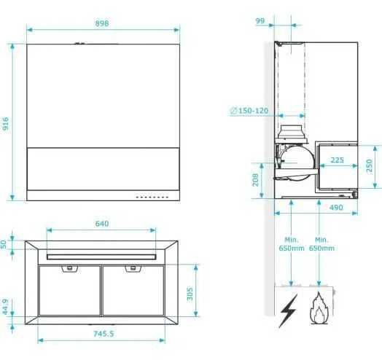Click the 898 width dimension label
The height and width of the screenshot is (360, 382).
pyautogui.click(x=102, y=23)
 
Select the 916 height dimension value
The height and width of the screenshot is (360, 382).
pyautogui.click(x=7, y=123)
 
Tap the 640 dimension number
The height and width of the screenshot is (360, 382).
pyautogui.click(x=102, y=223)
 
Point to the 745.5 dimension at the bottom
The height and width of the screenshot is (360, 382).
pyautogui.click(x=103, y=333)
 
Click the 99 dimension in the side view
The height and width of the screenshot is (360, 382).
pyautogui.click(x=260, y=21)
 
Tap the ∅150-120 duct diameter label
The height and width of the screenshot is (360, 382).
pyautogui.click(x=249, y=110)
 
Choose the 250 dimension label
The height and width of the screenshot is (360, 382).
pyautogui.click(x=370, y=166)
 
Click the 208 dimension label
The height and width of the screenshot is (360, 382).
pyautogui.click(x=256, y=179)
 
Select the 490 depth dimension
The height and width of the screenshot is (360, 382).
pyautogui.click(x=336, y=208)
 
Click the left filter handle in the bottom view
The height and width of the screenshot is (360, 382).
pyautogui.click(x=69, y=269)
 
